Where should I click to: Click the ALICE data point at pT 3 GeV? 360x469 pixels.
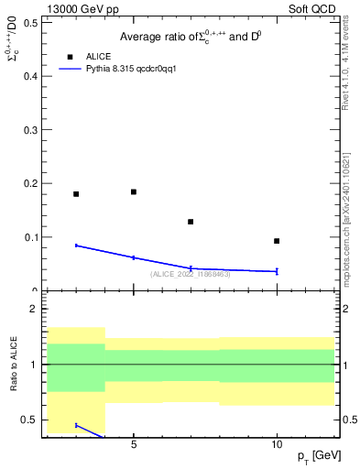point(76,194)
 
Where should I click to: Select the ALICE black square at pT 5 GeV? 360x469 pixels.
point(134,192)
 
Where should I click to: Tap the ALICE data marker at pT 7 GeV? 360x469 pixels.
point(191,222)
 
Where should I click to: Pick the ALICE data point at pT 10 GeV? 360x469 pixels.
point(277,241)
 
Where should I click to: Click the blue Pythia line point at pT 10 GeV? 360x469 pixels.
point(277,271)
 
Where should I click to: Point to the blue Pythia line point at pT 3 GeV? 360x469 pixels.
point(76,245)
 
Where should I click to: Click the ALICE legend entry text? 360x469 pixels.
point(98,57)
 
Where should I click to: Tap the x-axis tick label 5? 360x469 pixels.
point(134,443)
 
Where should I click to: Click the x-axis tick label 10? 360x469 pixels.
point(277,443)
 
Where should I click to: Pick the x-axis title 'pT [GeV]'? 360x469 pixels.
point(314,456)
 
